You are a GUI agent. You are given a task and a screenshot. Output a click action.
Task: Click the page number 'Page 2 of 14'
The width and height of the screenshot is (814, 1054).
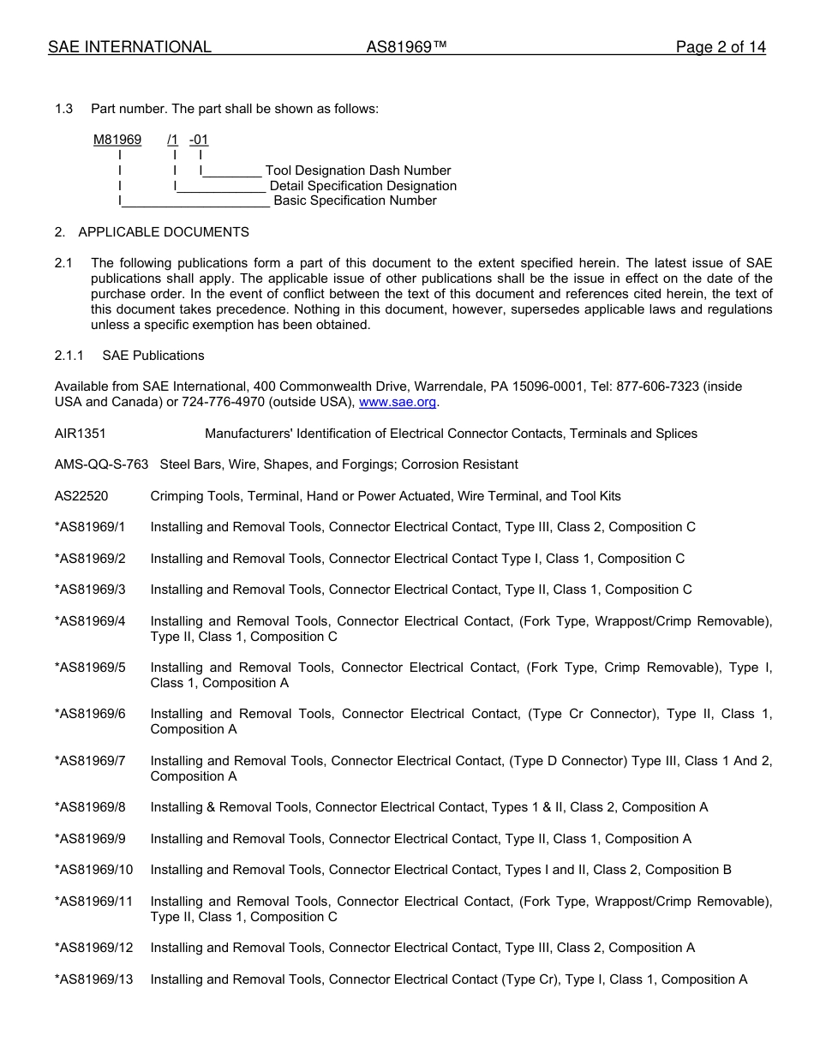click(x=720, y=48)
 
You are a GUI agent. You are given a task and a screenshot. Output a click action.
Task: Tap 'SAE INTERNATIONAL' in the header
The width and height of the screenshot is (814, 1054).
click(x=129, y=48)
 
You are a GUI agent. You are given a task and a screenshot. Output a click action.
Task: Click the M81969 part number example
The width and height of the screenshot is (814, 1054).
click(x=117, y=140)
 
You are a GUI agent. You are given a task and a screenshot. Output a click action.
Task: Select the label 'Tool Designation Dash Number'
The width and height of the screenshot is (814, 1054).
click(x=358, y=171)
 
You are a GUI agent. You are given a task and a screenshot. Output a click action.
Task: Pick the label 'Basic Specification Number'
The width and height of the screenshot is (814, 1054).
click(x=355, y=201)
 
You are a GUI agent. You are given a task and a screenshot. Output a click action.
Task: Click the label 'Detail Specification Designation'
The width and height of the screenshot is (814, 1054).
click(x=362, y=186)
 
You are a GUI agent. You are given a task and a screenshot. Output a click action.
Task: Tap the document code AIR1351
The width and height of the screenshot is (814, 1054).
click(x=81, y=434)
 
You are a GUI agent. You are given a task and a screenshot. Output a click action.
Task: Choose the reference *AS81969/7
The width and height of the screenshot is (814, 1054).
click(x=90, y=761)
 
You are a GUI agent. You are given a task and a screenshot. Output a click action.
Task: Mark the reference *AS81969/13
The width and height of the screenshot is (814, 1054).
click(x=93, y=979)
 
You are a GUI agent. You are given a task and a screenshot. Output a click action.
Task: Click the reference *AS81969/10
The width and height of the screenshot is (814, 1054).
click(x=93, y=870)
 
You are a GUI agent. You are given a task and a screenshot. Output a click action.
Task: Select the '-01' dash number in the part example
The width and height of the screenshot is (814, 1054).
click(x=199, y=140)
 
